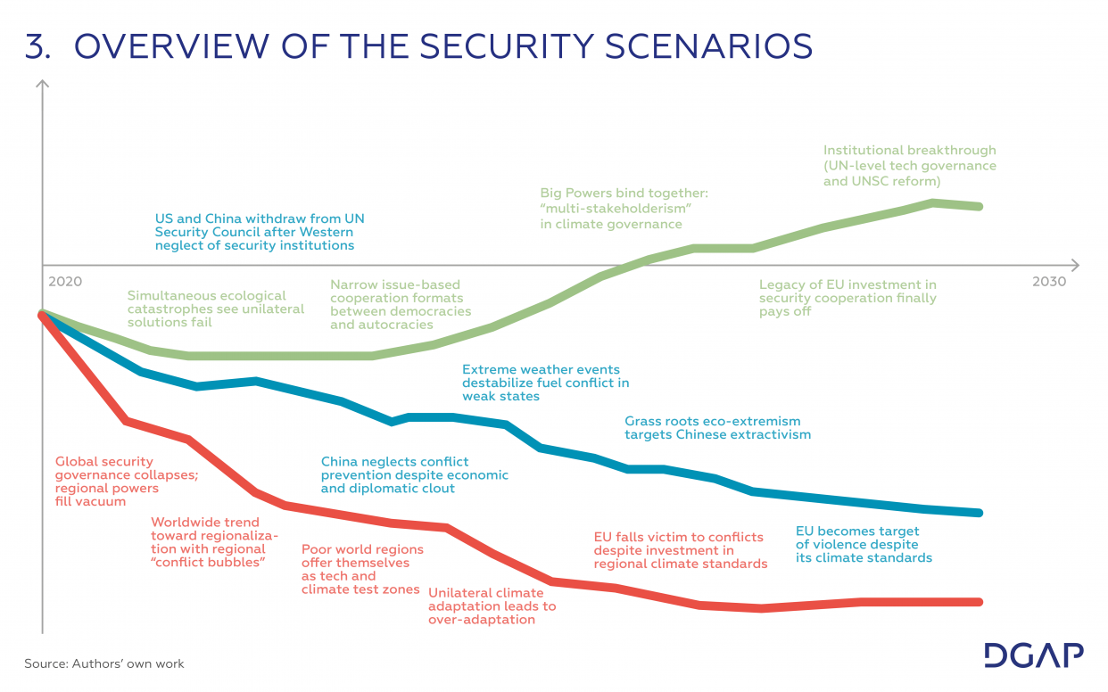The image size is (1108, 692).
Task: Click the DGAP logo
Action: (1034, 655)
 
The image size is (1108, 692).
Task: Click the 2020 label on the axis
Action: (65, 281)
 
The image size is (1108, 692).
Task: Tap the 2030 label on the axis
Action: (1049, 281)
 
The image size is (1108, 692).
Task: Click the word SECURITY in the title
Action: (518, 46)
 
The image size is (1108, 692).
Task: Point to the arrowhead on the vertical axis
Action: (42, 85)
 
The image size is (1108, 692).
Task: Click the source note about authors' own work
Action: (104, 663)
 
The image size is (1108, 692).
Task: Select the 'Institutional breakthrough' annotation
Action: (909, 166)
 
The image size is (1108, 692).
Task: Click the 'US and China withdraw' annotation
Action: (259, 232)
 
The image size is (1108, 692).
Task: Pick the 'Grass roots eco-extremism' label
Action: (717, 428)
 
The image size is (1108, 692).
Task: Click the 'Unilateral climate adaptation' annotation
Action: (492, 605)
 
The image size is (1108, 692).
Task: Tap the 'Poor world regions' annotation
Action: (361, 569)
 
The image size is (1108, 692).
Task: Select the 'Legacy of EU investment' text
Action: (848, 298)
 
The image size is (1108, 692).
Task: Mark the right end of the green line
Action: (980, 206)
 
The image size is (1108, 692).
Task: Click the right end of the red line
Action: (980, 602)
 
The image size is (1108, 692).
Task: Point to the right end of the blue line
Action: (980, 513)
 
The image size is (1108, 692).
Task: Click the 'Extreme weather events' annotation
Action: (545, 383)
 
